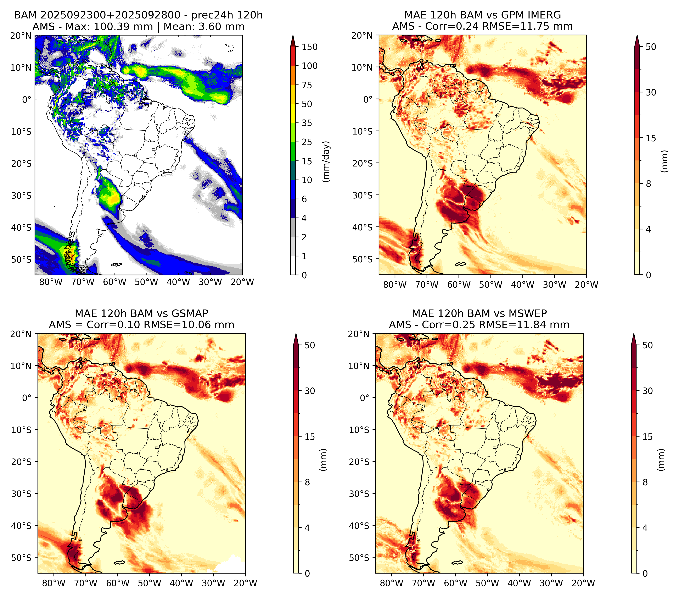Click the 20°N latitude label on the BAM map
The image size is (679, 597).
click(x=21, y=35)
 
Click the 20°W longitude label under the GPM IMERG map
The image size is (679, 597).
click(x=586, y=285)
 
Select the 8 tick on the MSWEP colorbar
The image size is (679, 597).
click(x=645, y=482)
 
